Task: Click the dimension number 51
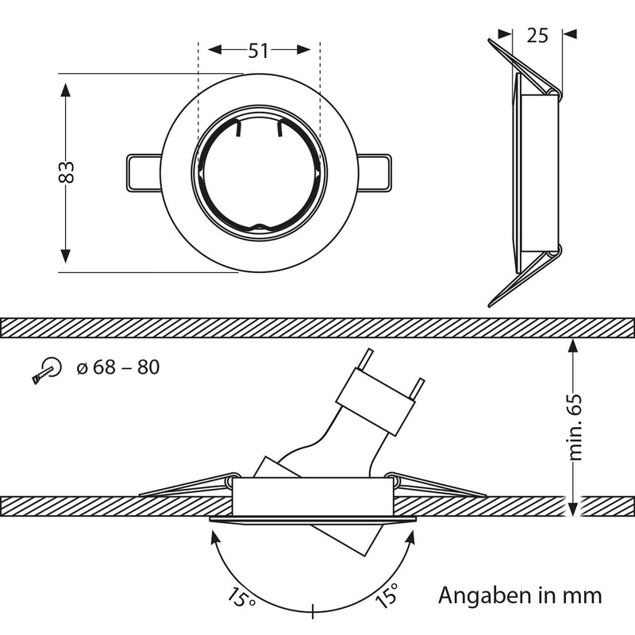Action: pos(257,51)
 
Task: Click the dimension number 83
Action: pos(67,172)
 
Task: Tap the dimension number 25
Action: pos(537,34)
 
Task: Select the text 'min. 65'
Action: pos(577,426)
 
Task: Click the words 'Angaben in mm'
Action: pos(521,595)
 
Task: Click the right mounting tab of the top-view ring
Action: pos(375,171)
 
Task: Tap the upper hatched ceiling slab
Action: pos(317,326)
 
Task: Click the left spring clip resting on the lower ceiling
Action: pos(187,485)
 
